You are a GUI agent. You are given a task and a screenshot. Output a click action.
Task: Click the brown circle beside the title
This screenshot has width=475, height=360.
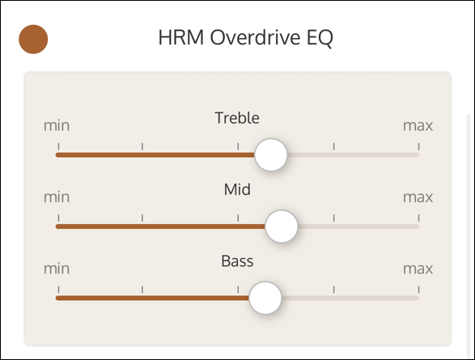(33, 40)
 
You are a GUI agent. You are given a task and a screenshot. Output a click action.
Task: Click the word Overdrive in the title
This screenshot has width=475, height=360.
(255, 37)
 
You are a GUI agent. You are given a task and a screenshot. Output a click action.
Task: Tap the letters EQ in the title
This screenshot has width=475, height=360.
(320, 38)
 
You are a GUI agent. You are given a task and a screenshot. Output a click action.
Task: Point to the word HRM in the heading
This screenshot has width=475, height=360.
(181, 37)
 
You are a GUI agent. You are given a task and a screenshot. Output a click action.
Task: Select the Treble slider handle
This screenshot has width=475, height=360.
(271, 155)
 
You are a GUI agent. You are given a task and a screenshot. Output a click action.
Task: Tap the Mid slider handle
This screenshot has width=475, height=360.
(282, 227)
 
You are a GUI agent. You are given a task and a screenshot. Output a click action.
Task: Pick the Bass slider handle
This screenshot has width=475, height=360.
(265, 298)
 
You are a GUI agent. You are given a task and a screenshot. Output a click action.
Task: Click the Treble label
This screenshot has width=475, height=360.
(237, 118)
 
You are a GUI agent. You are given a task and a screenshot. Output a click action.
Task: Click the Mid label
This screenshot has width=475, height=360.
(237, 189)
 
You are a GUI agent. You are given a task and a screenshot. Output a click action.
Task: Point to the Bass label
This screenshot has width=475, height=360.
(237, 261)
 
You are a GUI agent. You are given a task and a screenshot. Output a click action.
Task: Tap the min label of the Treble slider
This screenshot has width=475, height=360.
(57, 125)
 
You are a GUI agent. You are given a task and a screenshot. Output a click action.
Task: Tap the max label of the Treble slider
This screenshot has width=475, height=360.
(418, 125)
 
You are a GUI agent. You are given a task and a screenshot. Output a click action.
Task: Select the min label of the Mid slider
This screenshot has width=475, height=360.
(57, 197)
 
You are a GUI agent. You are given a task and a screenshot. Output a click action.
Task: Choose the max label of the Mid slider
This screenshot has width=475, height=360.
(418, 197)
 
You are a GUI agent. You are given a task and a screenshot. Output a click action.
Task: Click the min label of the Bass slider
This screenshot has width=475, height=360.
(57, 269)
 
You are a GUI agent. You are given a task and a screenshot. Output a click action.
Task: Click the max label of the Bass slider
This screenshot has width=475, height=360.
(418, 269)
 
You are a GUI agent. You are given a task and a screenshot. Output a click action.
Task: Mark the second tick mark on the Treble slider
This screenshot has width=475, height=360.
(142, 146)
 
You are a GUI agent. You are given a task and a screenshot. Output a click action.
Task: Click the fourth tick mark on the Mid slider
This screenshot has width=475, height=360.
(334, 218)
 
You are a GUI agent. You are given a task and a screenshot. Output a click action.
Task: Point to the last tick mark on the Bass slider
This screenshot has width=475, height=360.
(418, 290)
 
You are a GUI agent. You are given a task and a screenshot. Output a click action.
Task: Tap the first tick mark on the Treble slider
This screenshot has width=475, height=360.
(58, 146)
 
